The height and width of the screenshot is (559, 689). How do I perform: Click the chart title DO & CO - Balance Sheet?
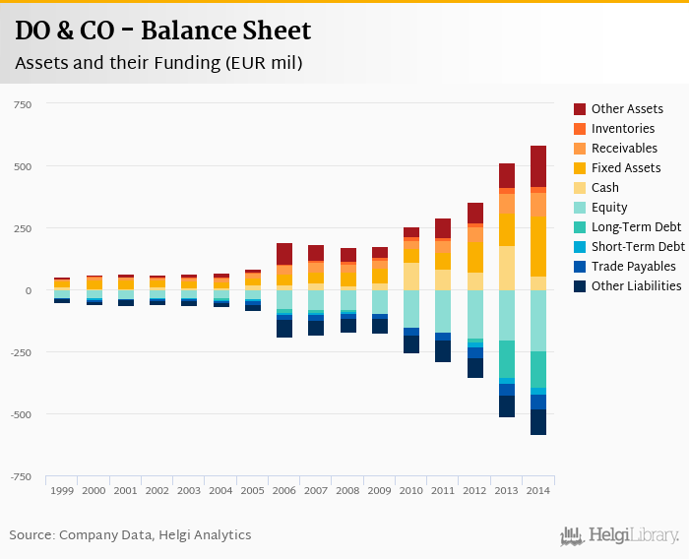point(162,31)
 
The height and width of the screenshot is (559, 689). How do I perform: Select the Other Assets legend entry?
point(626,109)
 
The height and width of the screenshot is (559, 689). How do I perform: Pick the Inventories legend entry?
point(622,129)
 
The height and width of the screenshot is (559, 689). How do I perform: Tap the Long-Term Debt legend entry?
point(636,227)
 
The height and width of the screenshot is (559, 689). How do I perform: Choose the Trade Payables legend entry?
point(633,267)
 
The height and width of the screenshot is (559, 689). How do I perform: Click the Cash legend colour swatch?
point(580,188)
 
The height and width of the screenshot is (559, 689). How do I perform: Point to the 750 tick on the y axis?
point(22,104)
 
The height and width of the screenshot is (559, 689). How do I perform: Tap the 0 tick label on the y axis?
point(29,290)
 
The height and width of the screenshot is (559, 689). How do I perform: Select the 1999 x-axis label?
point(62,490)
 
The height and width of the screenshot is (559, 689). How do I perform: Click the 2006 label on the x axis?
point(284,490)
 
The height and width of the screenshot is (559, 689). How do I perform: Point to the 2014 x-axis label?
point(538,490)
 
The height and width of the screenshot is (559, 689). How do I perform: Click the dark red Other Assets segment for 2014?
point(538,166)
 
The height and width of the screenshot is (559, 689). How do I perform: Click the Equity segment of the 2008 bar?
point(348,299)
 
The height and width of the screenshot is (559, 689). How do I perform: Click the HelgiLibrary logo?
point(620,535)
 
